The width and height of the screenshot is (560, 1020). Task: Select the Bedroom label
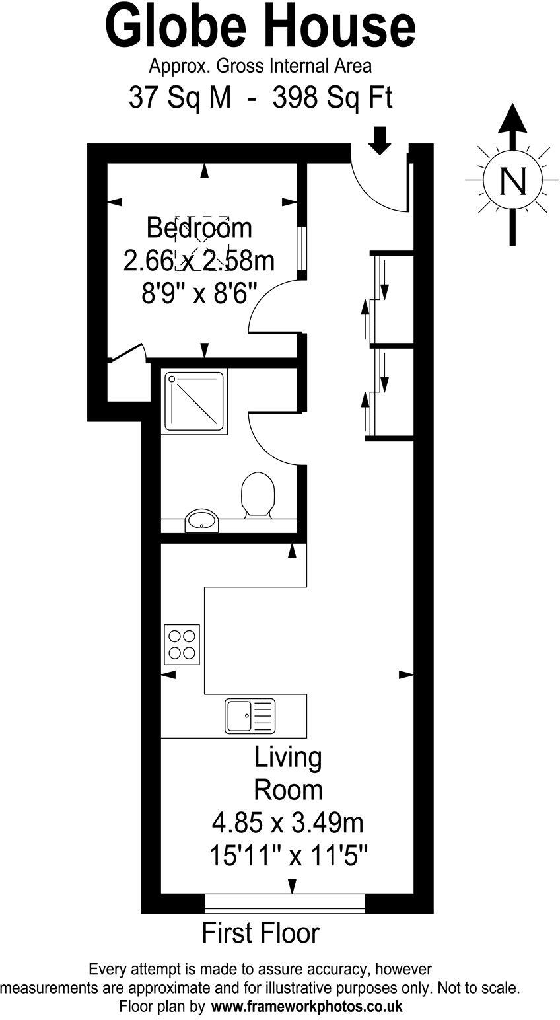click(199, 228)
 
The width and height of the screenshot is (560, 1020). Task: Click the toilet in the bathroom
click(258, 494)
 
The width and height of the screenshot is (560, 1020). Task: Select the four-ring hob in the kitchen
click(182, 644)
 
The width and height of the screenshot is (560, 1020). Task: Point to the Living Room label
click(289, 774)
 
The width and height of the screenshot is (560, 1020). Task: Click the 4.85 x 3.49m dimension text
click(287, 824)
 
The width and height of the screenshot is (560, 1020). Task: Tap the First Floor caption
click(260, 933)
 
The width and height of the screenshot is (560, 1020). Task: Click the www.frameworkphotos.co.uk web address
click(306, 1007)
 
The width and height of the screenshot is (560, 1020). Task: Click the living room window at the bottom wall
click(285, 903)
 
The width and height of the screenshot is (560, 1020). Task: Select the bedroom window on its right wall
click(302, 249)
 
